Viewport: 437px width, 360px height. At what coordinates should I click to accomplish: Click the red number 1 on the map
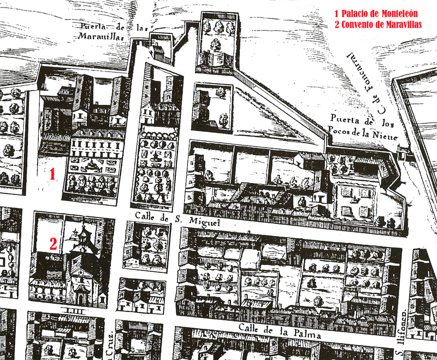52,175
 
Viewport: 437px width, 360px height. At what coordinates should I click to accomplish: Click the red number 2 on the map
53,244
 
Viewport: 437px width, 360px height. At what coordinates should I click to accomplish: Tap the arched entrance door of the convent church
81,298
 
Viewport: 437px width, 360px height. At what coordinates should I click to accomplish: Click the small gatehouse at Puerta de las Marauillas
157,51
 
